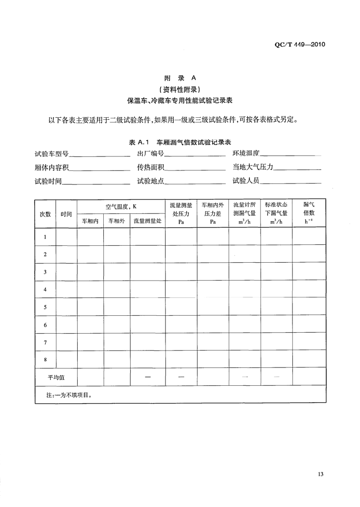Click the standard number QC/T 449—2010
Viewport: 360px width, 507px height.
pos(300,45)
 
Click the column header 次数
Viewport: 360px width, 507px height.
pos(45,214)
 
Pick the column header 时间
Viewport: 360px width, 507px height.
pos(66,214)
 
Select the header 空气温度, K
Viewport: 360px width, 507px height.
pos(121,206)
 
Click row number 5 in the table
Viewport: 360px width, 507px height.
pos(45,307)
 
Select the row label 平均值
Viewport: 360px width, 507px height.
pos(55,377)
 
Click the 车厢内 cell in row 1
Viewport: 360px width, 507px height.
pos(90,237)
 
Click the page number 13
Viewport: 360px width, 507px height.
pos(321,474)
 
